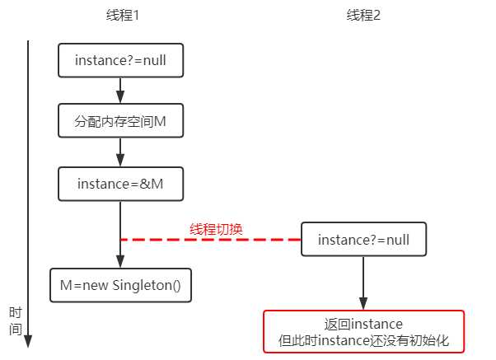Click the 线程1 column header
click(x=120, y=16)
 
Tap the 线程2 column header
click(x=363, y=16)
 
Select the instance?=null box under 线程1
click(x=120, y=60)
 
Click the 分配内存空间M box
click(x=120, y=122)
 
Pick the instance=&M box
click(x=120, y=183)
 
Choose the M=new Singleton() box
click(x=120, y=284)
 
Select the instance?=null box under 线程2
click(x=363, y=240)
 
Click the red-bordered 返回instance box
click(x=363, y=331)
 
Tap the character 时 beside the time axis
click(x=15, y=313)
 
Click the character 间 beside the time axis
click(x=15, y=328)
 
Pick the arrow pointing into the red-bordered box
click(x=363, y=284)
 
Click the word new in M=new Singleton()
click(x=100, y=284)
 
